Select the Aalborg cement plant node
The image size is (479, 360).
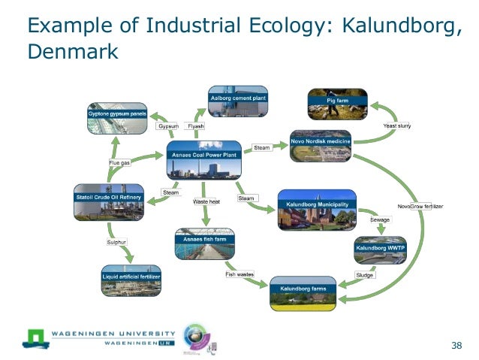point(239,101)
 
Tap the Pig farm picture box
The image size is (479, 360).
point(338,104)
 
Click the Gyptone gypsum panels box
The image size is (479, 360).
point(116,117)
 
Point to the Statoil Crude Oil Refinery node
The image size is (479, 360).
point(109,202)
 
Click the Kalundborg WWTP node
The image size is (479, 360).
point(380,251)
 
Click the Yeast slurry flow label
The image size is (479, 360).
point(399,126)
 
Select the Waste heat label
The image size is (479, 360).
point(206,202)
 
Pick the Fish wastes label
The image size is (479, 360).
point(240,274)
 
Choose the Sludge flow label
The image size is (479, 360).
point(364,275)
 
